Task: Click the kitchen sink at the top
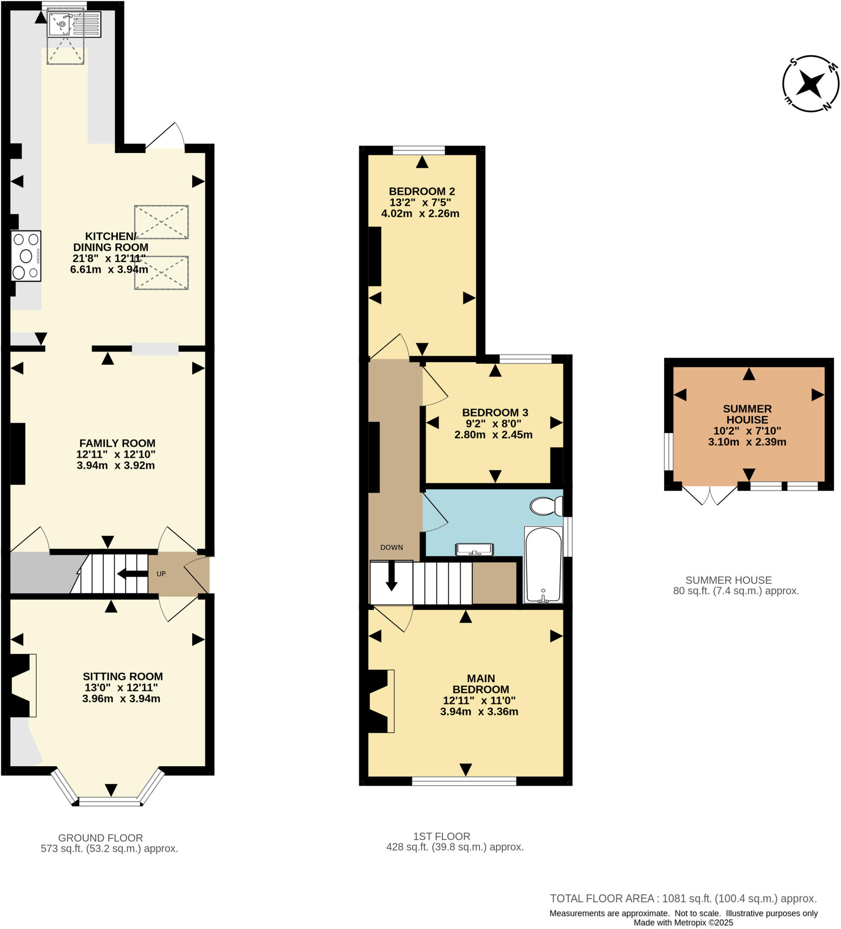pyautogui.click(x=74, y=24)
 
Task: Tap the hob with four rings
pyautogui.click(x=26, y=256)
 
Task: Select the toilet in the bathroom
pyautogui.click(x=546, y=506)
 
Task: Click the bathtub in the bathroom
pyautogui.click(x=544, y=565)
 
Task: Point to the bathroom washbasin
pyautogui.click(x=474, y=549)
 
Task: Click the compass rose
pyautogui.click(x=810, y=84)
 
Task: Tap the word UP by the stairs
pyautogui.click(x=161, y=574)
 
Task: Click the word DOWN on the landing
pyautogui.click(x=391, y=548)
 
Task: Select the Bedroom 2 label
pyautogui.click(x=422, y=191)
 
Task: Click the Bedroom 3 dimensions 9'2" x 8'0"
pyautogui.click(x=493, y=424)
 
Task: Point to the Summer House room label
pyautogui.click(x=747, y=414)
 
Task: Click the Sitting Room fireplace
pyautogui.click(x=22, y=685)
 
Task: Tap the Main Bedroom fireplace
pyautogui.click(x=380, y=701)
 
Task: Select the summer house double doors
pyautogui.click(x=710, y=495)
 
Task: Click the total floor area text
pyautogui.click(x=683, y=898)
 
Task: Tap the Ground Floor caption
pyautogui.click(x=100, y=838)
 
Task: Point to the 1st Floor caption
pyautogui.click(x=441, y=836)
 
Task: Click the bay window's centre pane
pyautogui.click(x=110, y=801)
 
